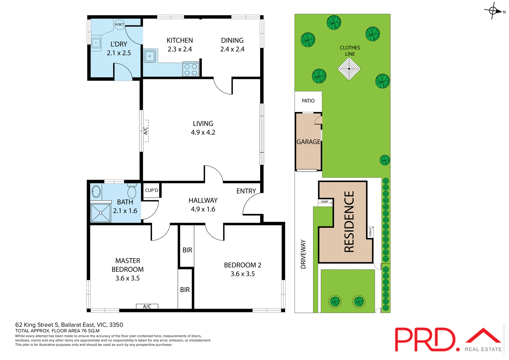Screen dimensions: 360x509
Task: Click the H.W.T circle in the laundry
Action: tap(120, 24)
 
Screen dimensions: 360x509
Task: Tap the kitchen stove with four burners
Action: tap(191, 69)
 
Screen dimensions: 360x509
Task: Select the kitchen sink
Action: tap(150, 56)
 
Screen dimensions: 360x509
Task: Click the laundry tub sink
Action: tap(96, 43)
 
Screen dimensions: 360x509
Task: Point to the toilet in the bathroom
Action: tap(132, 191)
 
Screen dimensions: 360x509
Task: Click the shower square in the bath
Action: tap(100, 213)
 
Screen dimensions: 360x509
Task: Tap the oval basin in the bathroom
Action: tap(96, 191)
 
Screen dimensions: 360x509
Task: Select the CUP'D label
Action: tap(151, 190)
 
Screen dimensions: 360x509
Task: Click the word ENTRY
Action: tap(246, 191)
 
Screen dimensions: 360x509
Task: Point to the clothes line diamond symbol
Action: tap(349, 69)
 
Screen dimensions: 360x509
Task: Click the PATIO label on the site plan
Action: tap(308, 101)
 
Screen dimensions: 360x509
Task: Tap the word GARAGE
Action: tap(308, 142)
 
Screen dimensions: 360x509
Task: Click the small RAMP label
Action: tap(324, 201)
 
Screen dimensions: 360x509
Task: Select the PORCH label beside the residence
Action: tap(370, 232)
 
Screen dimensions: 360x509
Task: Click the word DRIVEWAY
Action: tap(303, 254)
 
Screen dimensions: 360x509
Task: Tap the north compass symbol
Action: tap(493, 11)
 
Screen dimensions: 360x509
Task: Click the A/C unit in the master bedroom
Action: tap(147, 306)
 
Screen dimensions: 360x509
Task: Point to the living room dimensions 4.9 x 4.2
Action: tap(203, 132)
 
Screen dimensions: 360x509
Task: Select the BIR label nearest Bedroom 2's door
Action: tap(187, 250)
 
